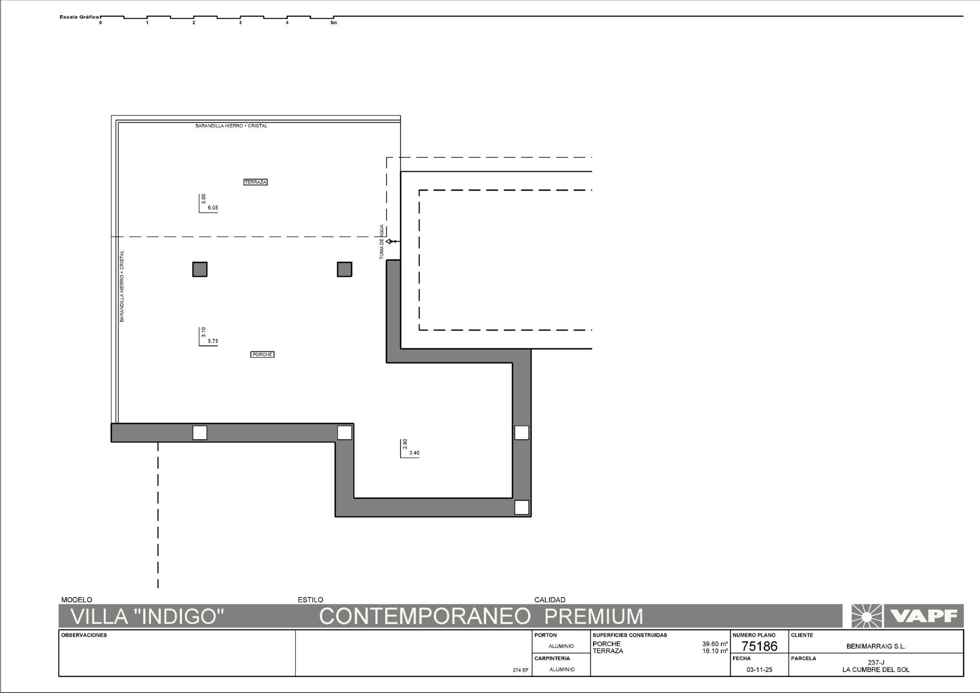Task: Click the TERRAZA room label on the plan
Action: tap(255, 182)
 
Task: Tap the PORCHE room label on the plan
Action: tap(263, 355)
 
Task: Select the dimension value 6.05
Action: tap(213, 208)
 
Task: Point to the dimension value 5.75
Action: tap(213, 341)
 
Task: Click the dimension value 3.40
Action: tap(414, 453)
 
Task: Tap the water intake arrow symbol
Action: tap(393, 242)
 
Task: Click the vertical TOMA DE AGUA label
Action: tap(382, 242)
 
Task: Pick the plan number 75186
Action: tap(760, 646)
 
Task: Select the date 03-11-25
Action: tap(760, 669)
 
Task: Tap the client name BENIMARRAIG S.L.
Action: tap(876, 646)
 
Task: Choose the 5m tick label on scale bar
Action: tap(334, 23)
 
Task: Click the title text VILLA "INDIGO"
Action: tap(148, 616)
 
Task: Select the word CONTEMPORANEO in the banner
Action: tap(425, 616)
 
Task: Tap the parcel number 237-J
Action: tap(876, 663)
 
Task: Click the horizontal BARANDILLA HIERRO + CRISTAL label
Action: tap(231, 126)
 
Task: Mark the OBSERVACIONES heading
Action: tap(84, 635)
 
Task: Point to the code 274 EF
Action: tap(521, 670)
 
